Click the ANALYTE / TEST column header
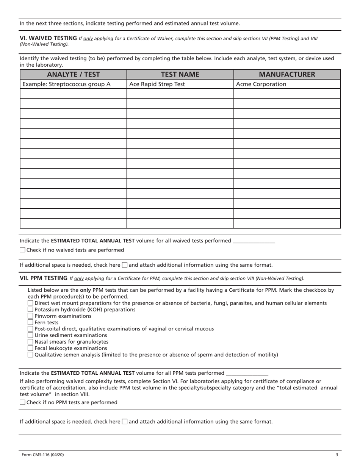coord(73,74)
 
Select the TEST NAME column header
coord(180,74)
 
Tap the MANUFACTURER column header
coord(287,74)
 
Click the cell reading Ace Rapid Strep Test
coord(157,84)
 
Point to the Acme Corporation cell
coord(261,84)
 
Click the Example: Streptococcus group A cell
coord(67,84)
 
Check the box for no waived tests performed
coord(22,250)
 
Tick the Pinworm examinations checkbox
coord(31,316)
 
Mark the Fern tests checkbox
coord(31,322)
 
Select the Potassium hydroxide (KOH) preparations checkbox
coord(31,310)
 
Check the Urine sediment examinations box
coord(31,335)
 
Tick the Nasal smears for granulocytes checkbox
coord(31,342)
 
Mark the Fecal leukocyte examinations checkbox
coord(31,348)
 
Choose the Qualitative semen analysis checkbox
coord(31,355)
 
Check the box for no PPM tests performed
coord(22,402)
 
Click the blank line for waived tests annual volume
coord(254,241)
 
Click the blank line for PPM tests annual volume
coord(247,374)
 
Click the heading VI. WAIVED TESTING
coord(48,38)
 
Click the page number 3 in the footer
coord(337,455)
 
